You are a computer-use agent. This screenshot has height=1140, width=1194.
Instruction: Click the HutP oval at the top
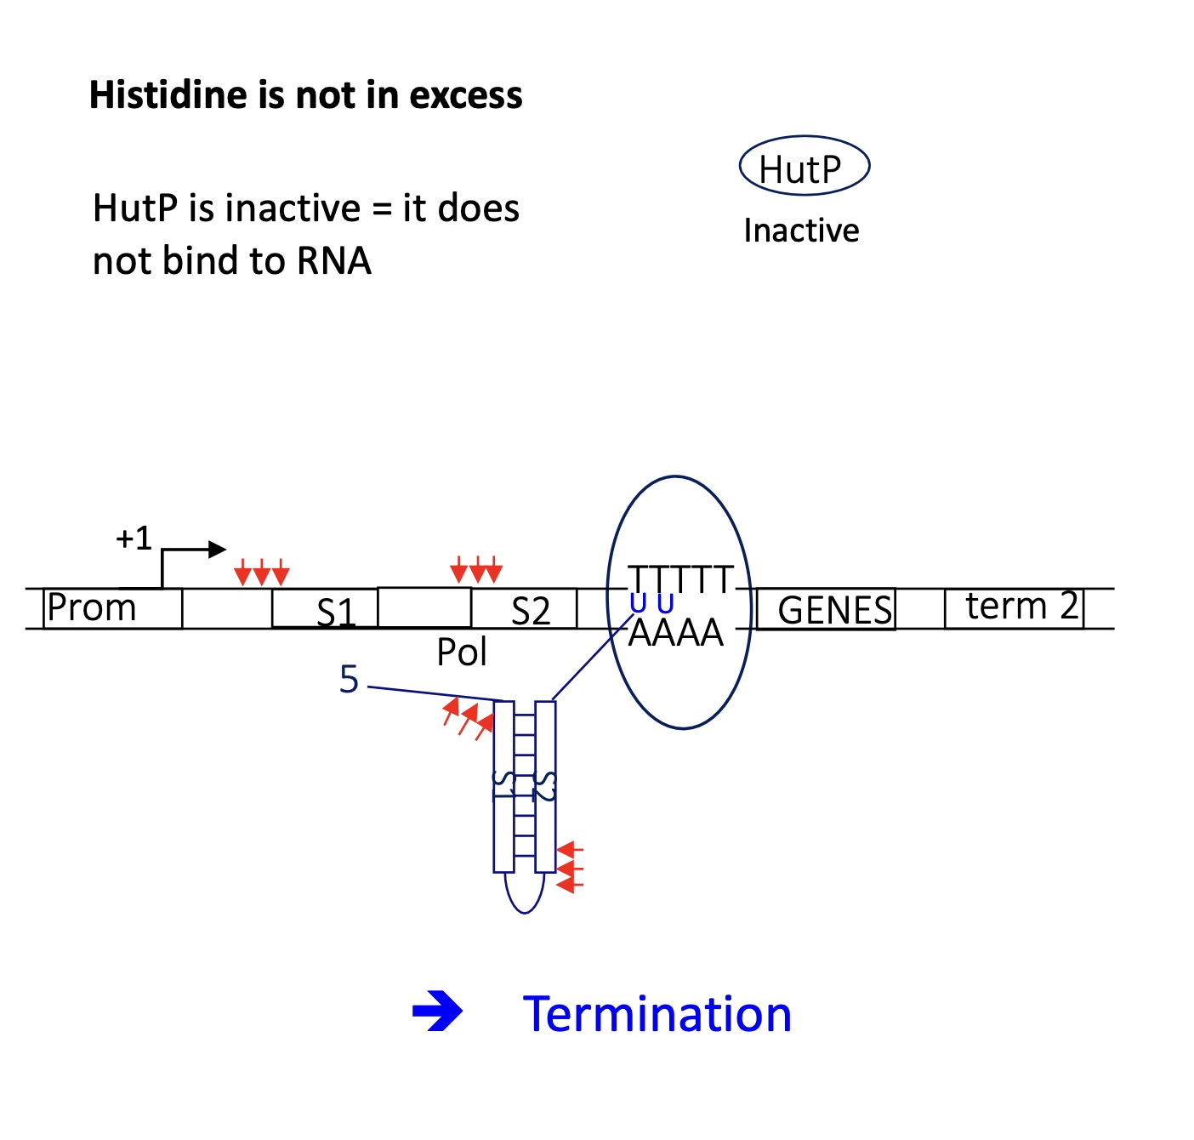pyautogui.click(x=804, y=168)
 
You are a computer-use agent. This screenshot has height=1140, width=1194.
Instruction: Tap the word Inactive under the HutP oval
pyautogui.click(x=801, y=231)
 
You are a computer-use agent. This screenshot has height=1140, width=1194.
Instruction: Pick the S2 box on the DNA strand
pyautogui.click(x=525, y=609)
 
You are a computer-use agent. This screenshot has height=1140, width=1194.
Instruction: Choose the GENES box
pyautogui.click(x=826, y=609)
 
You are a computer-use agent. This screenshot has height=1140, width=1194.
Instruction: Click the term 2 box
pyautogui.click(x=1014, y=607)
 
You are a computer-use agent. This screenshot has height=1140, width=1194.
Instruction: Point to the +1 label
pyautogui.click(x=134, y=539)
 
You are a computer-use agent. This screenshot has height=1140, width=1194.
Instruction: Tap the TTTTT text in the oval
pyautogui.click(x=679, y=580)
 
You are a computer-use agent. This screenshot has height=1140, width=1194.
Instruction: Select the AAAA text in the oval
pyautogui.click(x=675, y=633)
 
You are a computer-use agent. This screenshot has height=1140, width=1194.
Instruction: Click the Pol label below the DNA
pyautogui.click(x=462, y=653)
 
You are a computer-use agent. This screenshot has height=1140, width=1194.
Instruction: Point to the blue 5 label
pyautogui.click(x=349, y=679)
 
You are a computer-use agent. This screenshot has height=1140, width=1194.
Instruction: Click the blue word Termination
pyautogui.click(x=657, y=1014)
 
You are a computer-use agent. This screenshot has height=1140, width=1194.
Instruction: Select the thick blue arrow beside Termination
pyautogui.click(x=437, y=1012)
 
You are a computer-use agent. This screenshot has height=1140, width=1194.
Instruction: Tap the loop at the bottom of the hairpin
pyautogui.click(x=525, y=895)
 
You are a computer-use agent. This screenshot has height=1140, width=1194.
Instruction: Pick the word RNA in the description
pyautogui.click(x=334, y=261)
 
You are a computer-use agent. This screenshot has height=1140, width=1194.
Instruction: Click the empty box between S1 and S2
pyautogui.click(x=424, y=607)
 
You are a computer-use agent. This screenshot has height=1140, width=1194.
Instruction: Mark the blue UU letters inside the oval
pyautogui.click(x=651, y=604)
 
